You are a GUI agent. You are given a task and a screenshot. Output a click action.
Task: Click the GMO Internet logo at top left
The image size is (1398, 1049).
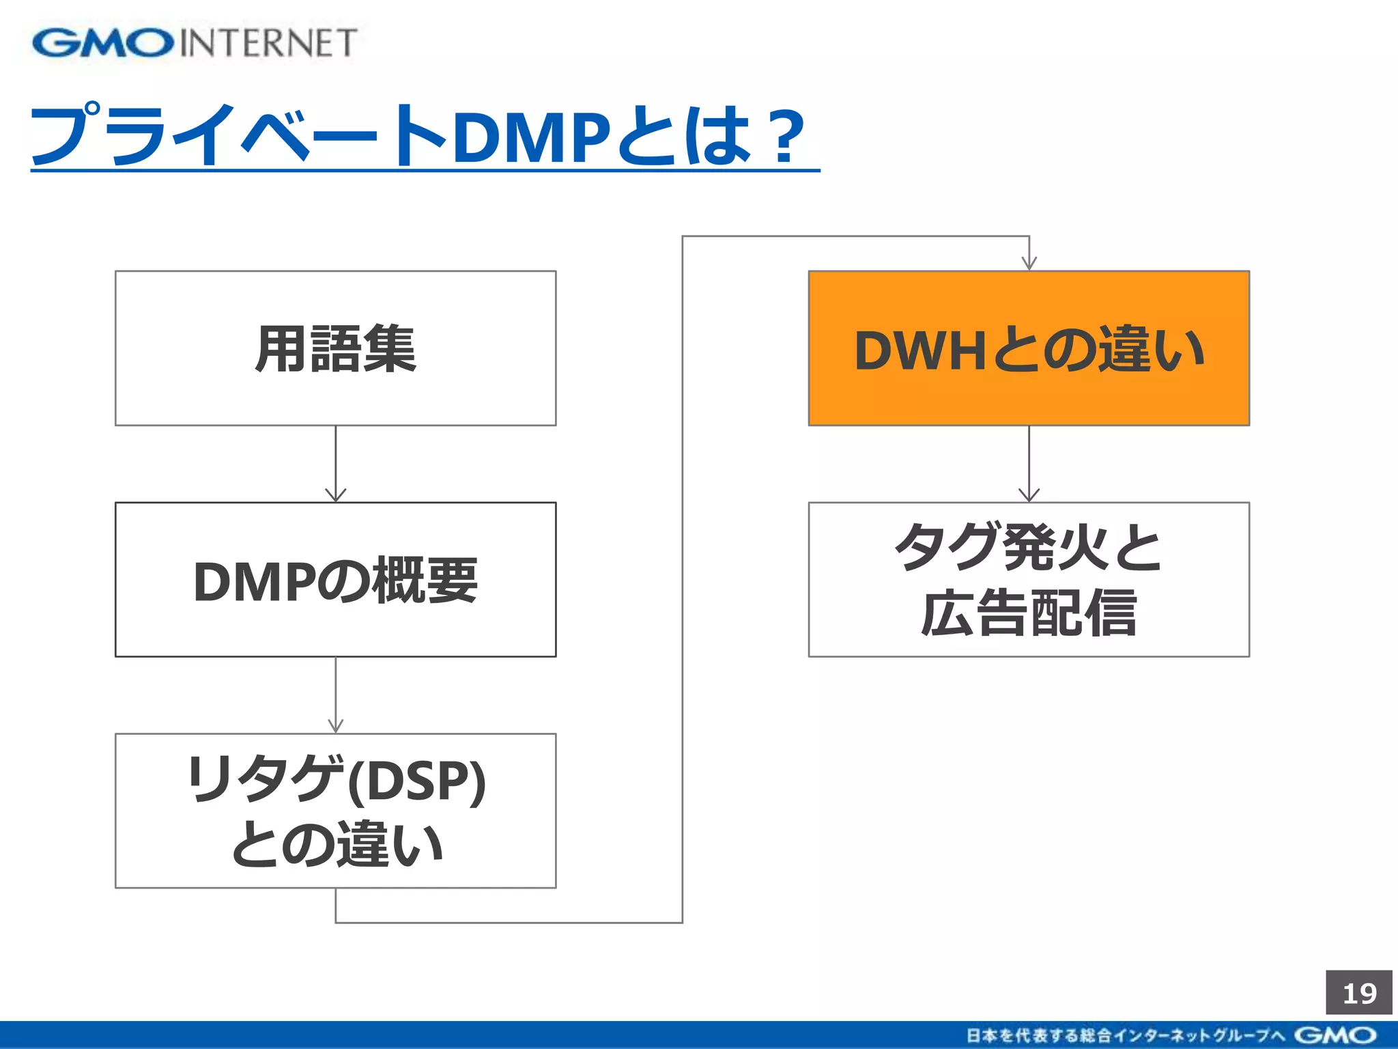click(195, 42)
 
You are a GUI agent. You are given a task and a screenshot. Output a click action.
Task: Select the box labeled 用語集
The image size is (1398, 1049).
click(335, 348)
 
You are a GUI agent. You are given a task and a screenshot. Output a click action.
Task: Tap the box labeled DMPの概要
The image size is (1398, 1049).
click(335, 580)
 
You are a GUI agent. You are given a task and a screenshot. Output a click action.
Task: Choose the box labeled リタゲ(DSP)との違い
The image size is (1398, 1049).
click(335, 811)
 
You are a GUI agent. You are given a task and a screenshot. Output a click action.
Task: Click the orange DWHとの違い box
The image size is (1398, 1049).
click(1029, 348)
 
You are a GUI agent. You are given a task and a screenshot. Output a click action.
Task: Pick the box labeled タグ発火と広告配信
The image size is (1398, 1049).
click(1029, 580)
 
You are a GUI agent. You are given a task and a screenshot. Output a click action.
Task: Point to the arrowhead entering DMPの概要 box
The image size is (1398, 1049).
click(335, 495)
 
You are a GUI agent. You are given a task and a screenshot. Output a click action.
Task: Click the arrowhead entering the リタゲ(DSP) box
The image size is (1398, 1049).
click(335, 726)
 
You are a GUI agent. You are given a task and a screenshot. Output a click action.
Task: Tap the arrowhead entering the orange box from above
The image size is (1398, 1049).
click(1029, 264)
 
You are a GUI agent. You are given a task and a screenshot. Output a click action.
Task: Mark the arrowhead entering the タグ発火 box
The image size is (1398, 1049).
click(1029, 495)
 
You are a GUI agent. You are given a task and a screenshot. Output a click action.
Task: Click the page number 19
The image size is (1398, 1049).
click(1358, 993)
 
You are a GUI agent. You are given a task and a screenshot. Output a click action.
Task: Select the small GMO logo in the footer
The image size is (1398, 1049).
click(1335, 1035)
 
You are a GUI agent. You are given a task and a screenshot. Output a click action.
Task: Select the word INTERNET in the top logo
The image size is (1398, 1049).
click(268, 43)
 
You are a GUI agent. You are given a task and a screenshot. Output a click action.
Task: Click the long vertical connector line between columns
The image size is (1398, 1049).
click(683, 581)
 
